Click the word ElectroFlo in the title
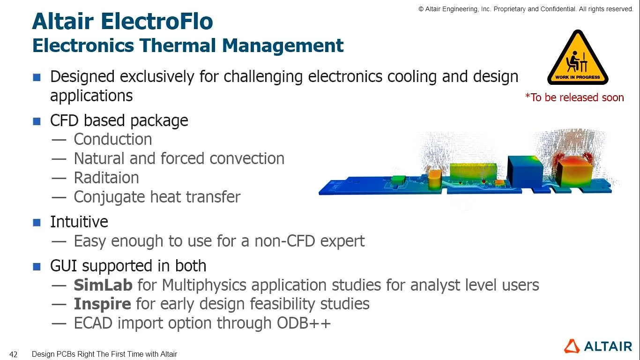point(157,22)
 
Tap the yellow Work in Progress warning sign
point(578,59)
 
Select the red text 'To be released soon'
point(574,97)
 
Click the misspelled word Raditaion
point(106,178)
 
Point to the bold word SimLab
point(103,285)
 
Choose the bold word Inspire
point(102,304)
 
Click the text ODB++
point(304,323)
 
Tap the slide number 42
point(14,354)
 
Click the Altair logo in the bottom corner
point(598,346)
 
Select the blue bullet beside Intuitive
point(37,223)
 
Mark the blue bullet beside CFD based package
point(37,121)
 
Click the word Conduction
point(113,139)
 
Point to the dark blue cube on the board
point(525,171)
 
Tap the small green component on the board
point(398,180)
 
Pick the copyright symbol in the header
point(421,9)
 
